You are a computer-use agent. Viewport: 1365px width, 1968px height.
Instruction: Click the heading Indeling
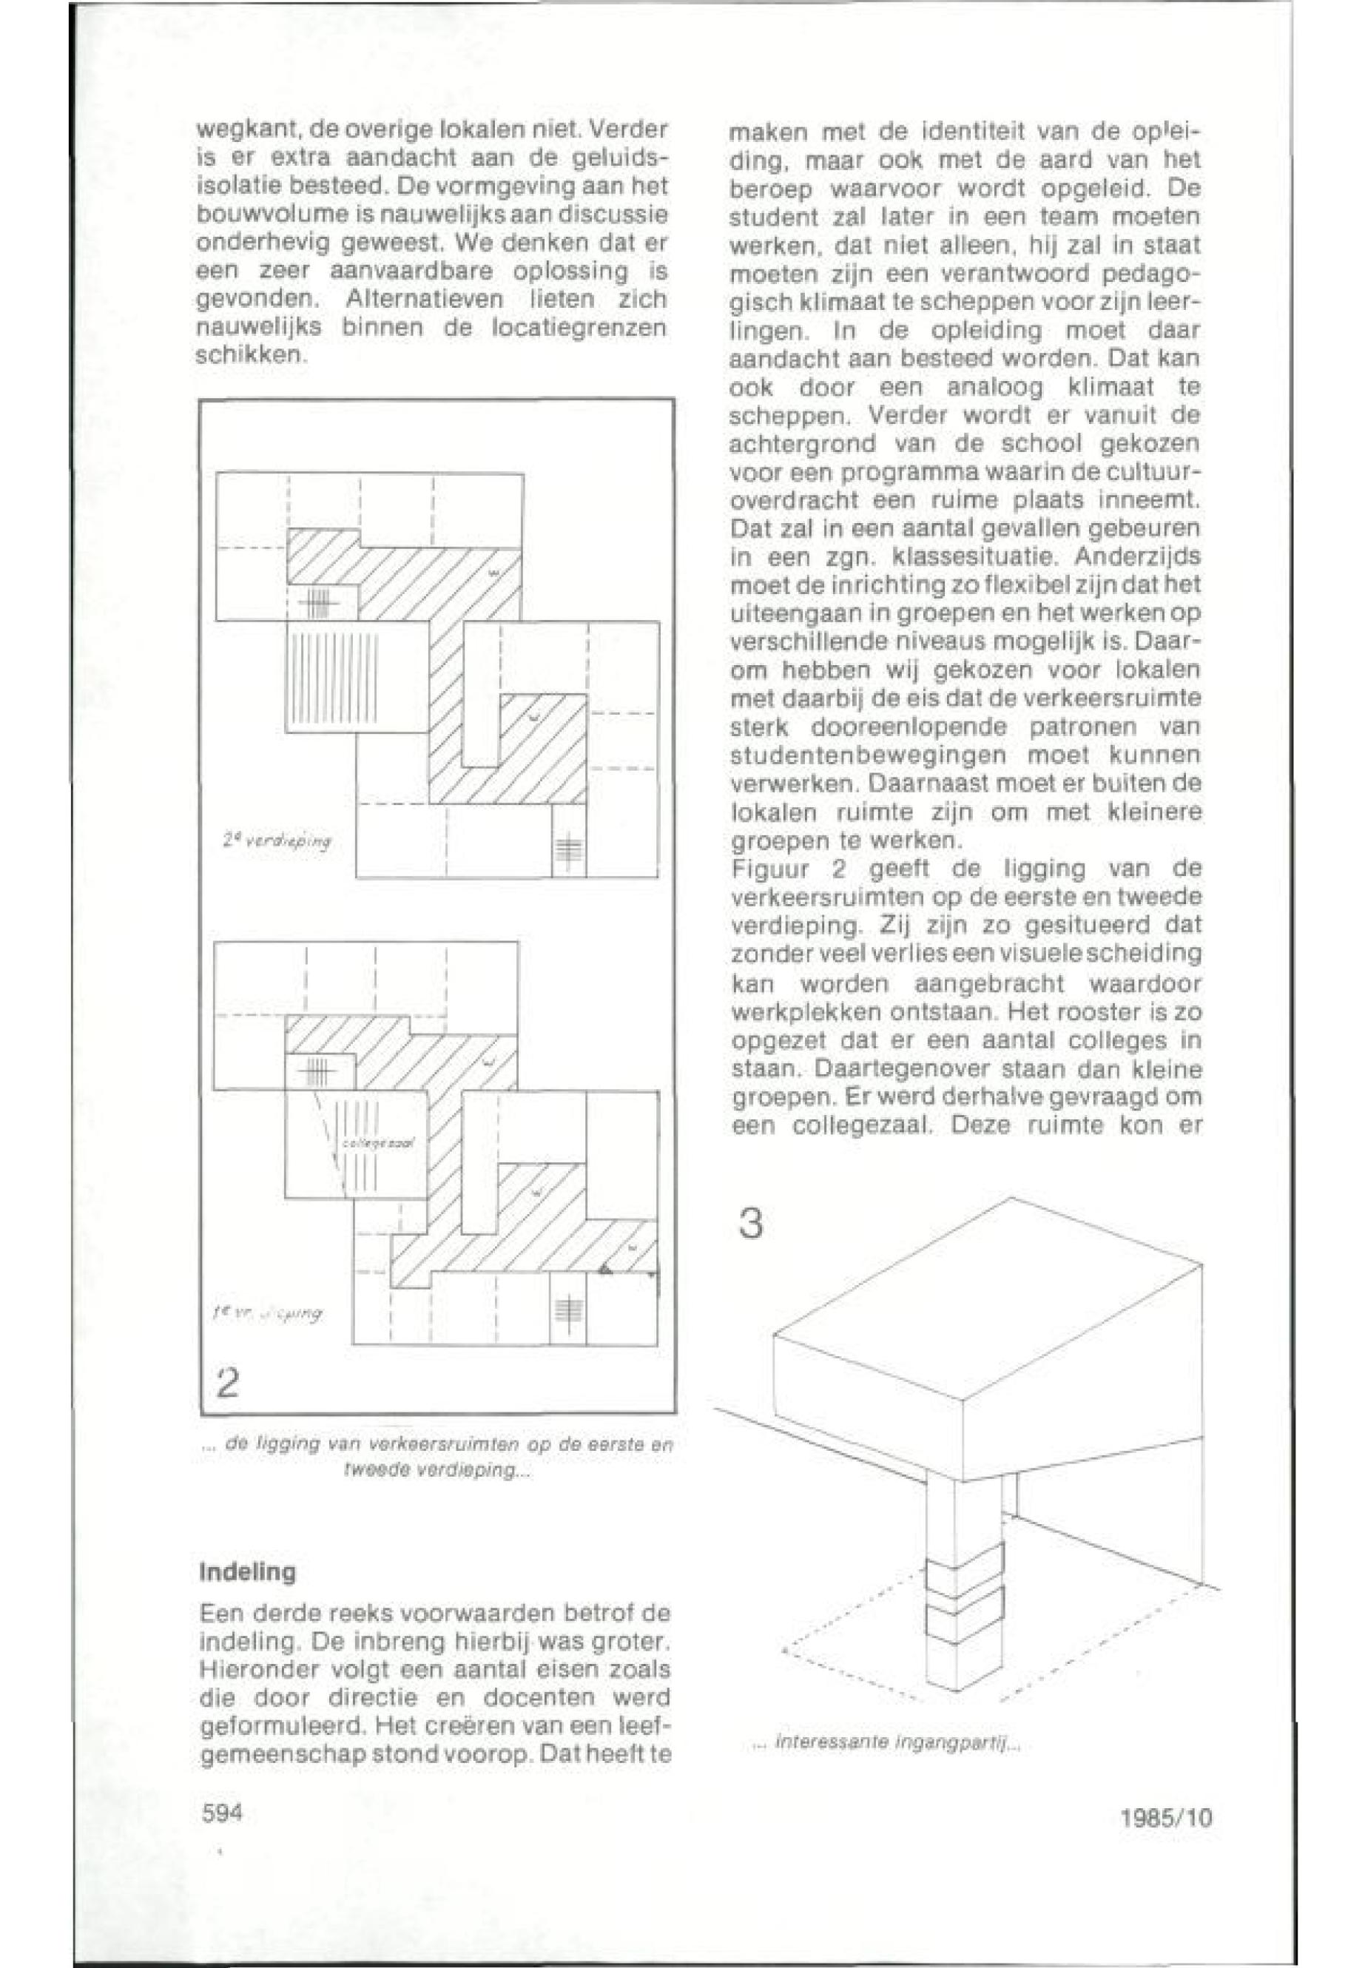(247, 1572)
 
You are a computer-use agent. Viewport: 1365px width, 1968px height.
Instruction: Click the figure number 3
(750, 1224)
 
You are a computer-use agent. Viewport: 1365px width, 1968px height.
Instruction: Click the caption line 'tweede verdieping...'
(439, 1470)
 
